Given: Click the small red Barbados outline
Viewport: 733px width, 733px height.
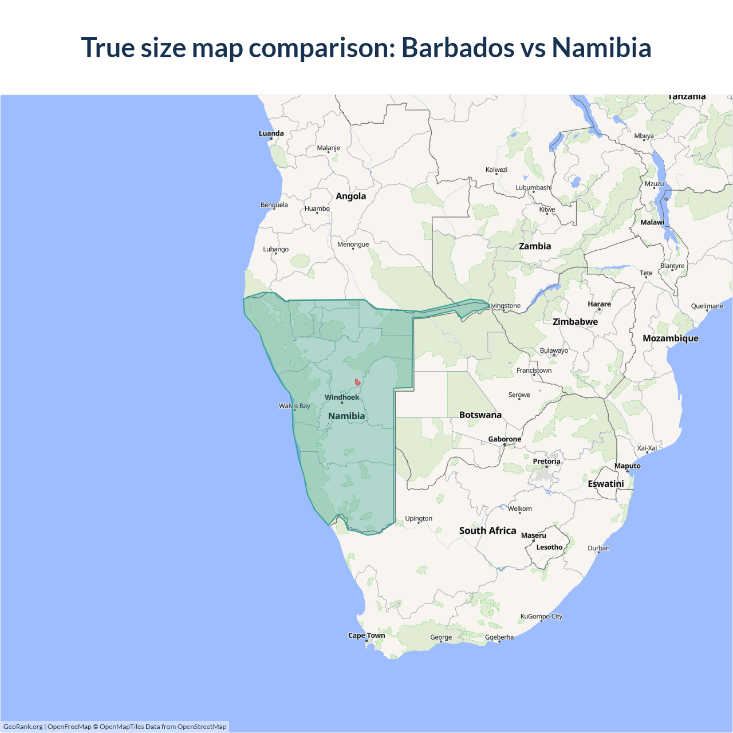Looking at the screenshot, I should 357,382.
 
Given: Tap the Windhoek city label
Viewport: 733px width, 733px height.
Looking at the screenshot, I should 342,397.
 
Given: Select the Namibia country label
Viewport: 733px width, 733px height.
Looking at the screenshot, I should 346,416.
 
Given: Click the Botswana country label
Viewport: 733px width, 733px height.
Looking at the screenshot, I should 480,415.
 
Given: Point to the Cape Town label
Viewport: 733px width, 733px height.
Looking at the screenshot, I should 366,636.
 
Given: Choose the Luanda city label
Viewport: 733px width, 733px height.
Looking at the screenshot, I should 271,133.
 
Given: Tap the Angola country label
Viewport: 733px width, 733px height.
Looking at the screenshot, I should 351,196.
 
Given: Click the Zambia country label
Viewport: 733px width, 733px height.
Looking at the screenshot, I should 535,246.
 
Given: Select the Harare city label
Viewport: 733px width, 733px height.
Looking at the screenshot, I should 600,304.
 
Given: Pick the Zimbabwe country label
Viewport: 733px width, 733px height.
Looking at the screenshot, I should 576,322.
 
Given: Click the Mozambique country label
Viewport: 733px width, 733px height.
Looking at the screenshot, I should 671,338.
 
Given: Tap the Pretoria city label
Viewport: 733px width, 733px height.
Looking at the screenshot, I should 547,462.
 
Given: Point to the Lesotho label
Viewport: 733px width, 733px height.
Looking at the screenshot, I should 550,547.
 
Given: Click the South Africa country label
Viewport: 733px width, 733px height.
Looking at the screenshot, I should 488,531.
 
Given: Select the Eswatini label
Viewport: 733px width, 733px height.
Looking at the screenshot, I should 606,484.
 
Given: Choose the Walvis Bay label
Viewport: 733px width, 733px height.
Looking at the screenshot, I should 294,406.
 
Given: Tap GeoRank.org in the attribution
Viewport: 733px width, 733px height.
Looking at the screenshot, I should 23,727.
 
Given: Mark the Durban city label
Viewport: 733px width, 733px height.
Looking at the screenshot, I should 599,549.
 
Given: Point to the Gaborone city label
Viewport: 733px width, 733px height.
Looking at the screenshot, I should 505,439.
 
